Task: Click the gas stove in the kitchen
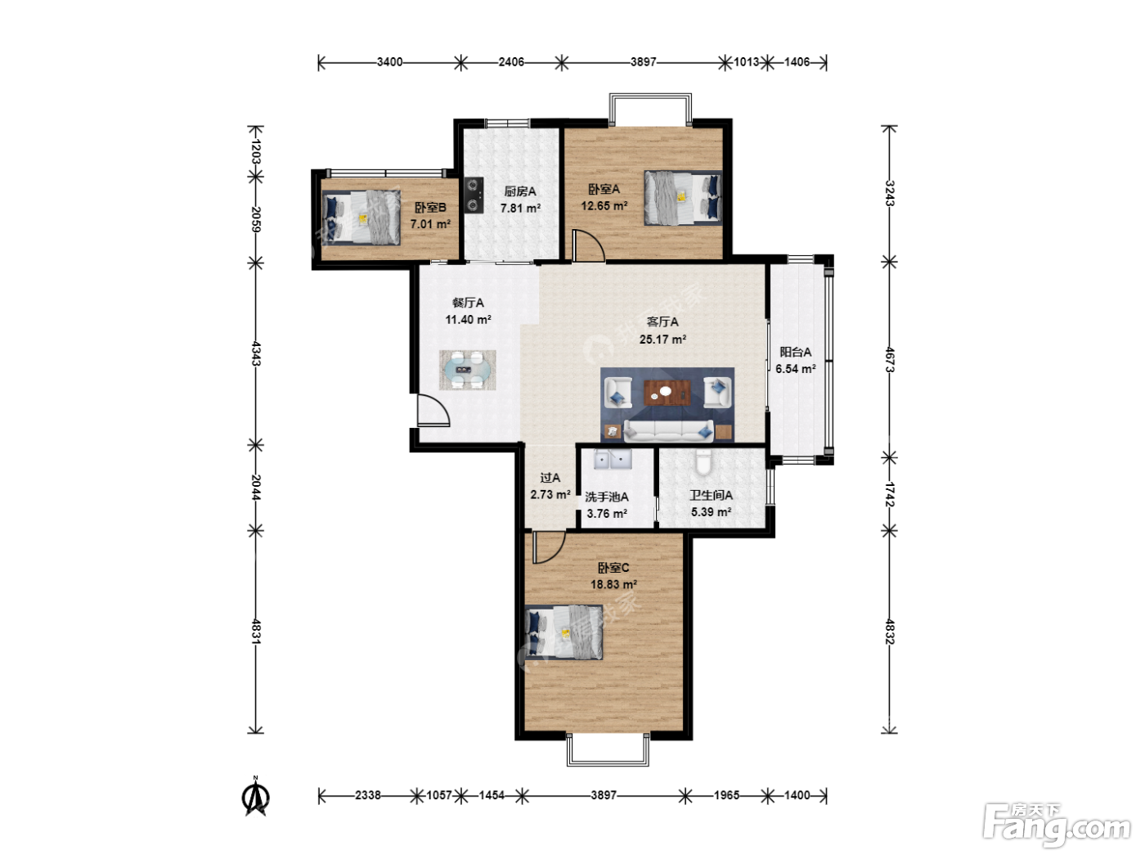pyautogui.click(x=474, y=196)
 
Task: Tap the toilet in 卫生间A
pyautogui.click(x=703, y=461)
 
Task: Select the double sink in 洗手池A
pyautogui.click(x=613, y=460)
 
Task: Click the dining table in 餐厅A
pyautogui.click(x=467, y=370)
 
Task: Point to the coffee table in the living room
pyautogui.click(x=667, y=393)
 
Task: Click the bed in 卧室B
pyautogui.click(x=361, y=218)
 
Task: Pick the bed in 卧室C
pyautogui.click(x=564, y=632)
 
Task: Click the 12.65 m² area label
pyautogui.click(x=604, y=206)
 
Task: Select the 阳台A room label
pyautogui.click(x=796, y=352)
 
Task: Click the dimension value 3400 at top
pyautogui.click(x=389, y=62)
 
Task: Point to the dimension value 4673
pyautogui.click(x=889, y=360)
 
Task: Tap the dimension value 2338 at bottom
pyautogui.click(x=368, y=795)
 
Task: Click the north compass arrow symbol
pyautogui.click(x=256, y=796)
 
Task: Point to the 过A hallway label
pyautogui.click(x=550, y=478)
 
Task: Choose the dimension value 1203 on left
pyautogui.click(x=256, y=151)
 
